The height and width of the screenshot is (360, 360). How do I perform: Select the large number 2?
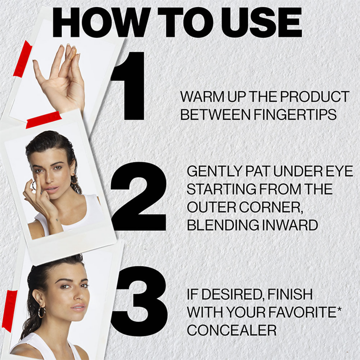pos(139,196)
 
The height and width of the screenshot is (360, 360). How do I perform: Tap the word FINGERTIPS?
pos(295,114)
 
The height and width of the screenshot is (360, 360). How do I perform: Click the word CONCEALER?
pos(231,330)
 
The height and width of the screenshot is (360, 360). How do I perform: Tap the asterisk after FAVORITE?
pos(339,308)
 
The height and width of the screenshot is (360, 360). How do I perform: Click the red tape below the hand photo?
pos(44,120)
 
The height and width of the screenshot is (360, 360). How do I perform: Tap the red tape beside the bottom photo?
pos(11,311)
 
